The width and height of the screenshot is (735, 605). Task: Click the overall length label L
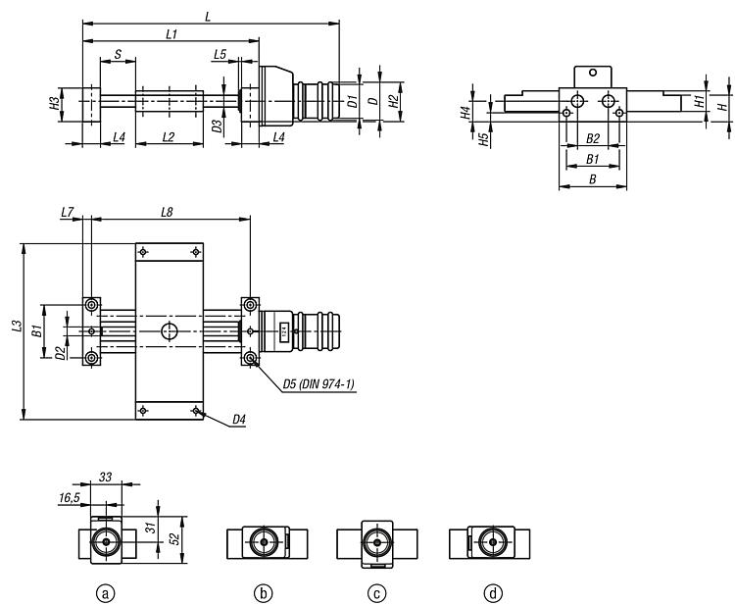[x=207, y=16]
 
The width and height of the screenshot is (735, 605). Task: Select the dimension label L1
[x=171, y=34]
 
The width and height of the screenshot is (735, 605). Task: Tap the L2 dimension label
[x=169, y=137]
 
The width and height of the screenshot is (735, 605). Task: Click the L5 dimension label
[x=220, y=55]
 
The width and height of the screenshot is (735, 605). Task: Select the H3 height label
[x=55, y=102]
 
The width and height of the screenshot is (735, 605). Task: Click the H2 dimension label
[x=393, y=100]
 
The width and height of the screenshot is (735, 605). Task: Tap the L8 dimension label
[x=170, y=211]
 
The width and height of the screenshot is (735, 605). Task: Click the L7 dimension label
[x=67, y=211]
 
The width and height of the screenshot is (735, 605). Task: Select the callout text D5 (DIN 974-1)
[x=318, y=384]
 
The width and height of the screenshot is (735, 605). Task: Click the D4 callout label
[x=239, y=421]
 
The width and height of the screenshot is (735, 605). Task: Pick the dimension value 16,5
[x=71, y=498]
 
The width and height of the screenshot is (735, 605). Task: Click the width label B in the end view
[x=591, y=178]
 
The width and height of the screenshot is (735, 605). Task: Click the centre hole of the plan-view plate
[x=170, y=331]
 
